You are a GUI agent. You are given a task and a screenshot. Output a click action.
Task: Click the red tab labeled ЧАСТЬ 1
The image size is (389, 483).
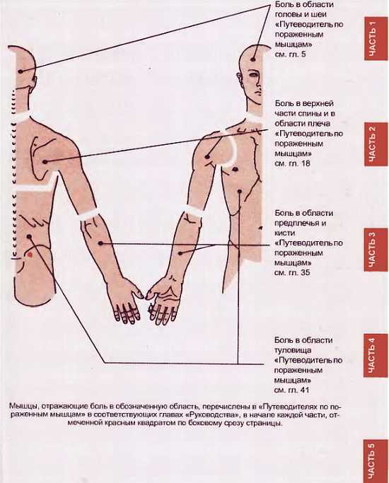(x=375, y=39)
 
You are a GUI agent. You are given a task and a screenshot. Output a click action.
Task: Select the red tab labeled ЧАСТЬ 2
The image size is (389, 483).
(x=375, y=144)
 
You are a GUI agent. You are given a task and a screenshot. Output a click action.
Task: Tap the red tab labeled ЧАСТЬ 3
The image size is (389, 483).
(x=375, y=250)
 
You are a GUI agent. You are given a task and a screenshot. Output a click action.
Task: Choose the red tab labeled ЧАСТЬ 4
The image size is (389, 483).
(x=375, y=356)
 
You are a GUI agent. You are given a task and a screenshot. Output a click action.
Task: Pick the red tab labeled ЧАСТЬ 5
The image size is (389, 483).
(x=375, y=462)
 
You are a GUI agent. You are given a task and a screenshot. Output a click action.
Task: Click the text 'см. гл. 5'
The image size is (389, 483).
(x=290, y=54)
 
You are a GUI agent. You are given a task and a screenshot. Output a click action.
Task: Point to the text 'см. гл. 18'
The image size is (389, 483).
(x=292, y=163)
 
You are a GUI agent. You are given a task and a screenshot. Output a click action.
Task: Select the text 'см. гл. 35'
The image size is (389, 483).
(x=292, y=272)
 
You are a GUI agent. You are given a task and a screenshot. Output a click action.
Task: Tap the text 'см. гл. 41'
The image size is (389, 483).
(x=291, y=390)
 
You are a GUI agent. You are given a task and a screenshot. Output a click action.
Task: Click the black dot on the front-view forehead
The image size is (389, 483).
(x=253, y=59)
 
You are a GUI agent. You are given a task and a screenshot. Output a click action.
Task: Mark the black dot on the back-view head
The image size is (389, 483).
(x=21, y=71)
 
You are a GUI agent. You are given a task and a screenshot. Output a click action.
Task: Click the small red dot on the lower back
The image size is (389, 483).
(x=30, y=255)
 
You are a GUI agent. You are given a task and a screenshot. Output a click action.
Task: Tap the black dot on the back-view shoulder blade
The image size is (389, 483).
(x=45, y=161)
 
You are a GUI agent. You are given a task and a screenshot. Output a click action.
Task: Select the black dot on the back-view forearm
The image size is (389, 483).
(x=100, y=243)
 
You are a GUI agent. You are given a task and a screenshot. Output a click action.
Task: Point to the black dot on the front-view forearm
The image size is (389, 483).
(x=180, y=253)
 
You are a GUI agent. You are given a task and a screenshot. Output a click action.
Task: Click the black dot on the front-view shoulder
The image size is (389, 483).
(x=207, y=157)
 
